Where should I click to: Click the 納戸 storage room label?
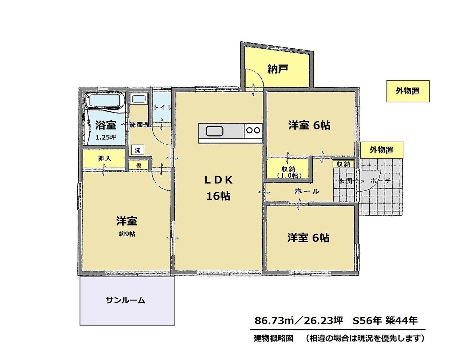[277, 69]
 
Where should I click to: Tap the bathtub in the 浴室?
[105, 100]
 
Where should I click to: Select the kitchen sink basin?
[214, 131]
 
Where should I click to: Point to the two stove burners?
[253, 130]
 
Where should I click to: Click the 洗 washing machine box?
[138, 150]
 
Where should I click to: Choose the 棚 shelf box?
[139, 165]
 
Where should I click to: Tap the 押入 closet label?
[105, 159]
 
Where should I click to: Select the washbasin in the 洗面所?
[139, 99]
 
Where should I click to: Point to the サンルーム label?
[125, 300]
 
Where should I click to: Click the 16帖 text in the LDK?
[218, 196]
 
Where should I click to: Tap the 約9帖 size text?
[127, 234]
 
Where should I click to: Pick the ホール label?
[307, 191]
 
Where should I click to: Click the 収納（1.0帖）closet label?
[288, 172]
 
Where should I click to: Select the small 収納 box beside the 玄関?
[343, 164]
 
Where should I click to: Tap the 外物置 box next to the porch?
[382, 150]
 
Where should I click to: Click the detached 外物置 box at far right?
[408, 91]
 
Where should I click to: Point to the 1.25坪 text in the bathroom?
[106, 137]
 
